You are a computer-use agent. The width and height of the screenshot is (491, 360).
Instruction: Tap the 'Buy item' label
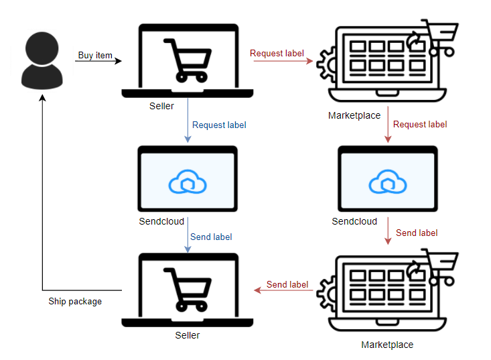pos(95,55)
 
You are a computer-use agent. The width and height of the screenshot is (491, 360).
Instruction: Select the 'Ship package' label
pos(75,302)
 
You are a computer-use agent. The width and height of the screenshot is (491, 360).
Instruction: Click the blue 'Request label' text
pos(219,125)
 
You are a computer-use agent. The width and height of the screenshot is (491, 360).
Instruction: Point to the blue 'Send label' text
pos(211,237)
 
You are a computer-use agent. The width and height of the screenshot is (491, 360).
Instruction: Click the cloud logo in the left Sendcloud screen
pos(187,182)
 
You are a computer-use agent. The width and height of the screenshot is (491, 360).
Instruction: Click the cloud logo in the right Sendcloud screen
pos(388,182)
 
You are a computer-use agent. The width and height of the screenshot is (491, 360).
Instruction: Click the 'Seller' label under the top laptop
pos(161,107)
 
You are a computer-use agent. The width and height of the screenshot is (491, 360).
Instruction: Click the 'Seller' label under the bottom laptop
pos(187,335)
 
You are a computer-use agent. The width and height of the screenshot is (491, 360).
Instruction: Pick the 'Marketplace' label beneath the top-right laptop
pos(354,115)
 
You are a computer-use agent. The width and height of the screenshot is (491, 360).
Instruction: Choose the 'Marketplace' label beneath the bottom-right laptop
pos(387,345)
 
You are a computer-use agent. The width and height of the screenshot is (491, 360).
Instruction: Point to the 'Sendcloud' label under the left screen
pos(161,221)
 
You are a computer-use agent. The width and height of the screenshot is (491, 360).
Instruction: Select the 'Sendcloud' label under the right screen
pos(354,221)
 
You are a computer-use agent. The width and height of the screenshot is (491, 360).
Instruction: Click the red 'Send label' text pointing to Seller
pos(287,284)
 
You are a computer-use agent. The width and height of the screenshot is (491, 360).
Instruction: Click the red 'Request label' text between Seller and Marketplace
pos(277,53)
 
